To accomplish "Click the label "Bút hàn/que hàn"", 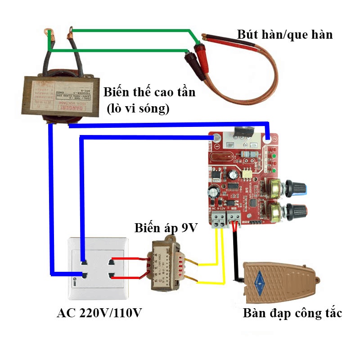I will [285, 34].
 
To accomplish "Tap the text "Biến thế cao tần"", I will [149, 93].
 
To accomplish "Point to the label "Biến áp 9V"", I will [166, 227].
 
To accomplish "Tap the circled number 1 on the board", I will [217, 147].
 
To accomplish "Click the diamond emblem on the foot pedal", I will [260, 279].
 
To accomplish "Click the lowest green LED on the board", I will [274, 171].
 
